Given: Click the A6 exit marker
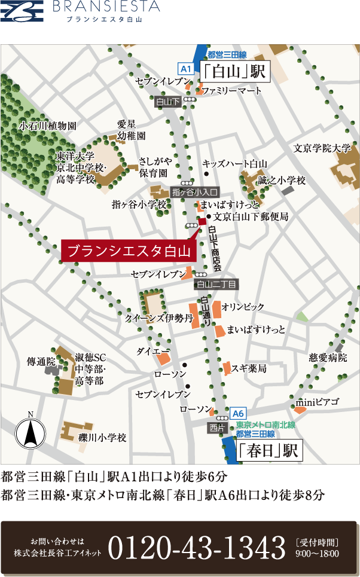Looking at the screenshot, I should (x=237, y=413).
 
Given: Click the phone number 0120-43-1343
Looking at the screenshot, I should (x=196, y=547).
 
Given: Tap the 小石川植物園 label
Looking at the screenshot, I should (x=48, y=126).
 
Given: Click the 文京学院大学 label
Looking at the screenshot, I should (x=322, y=148).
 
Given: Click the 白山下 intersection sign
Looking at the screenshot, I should (x=167, y=102).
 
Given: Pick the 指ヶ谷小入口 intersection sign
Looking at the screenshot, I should (x=196, y=192).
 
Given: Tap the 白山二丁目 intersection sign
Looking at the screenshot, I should (x=217, y=284).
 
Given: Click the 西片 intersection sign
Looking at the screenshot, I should (x=218, y=428).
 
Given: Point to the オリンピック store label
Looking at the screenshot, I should (x=243, y=307).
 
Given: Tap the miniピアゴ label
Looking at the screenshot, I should (x=318, y=401).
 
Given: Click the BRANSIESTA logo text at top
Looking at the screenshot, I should (x=106, y=8).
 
